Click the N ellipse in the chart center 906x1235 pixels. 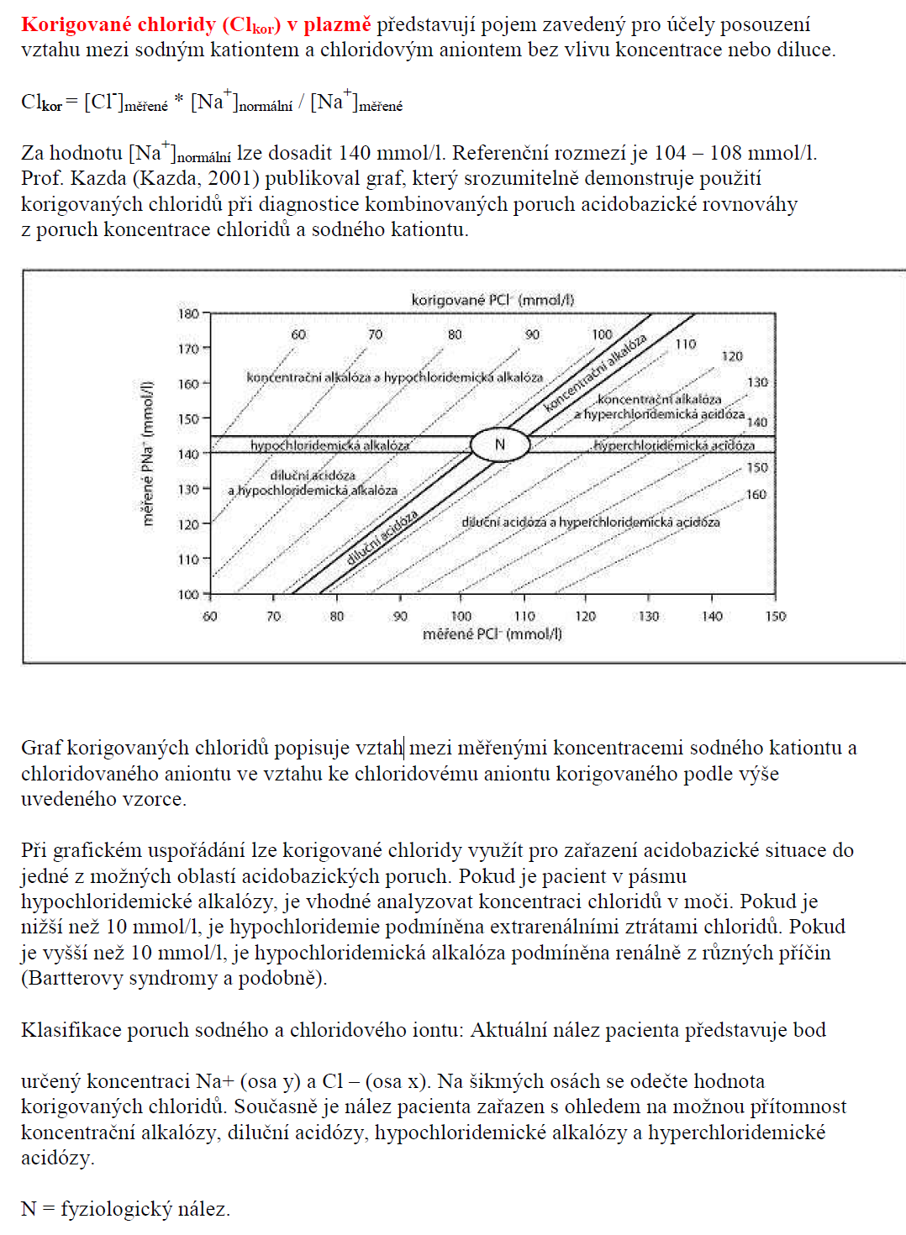click(x=500, y=444)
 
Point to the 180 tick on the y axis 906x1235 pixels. click(x=189, y=314)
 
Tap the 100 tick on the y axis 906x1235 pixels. click(x=189, y=595)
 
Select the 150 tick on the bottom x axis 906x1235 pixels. click(x=776, y=617)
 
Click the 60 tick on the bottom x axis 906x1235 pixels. click(x=210, y=617)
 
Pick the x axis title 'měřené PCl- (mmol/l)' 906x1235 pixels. click(x=493, y=634)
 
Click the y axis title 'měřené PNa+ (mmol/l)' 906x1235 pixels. click(x=149, y=454)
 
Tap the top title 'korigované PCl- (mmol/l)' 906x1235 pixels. click(x=493, y=300)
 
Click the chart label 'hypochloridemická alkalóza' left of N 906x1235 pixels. click(x=329, y=445)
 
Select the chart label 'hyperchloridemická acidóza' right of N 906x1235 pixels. click(x=673, y=445)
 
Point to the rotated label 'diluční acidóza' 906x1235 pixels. click(x=382, y=539)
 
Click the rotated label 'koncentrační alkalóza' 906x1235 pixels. click(x=595, y=372)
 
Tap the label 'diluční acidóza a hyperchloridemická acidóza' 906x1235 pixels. click(x=590, y=523)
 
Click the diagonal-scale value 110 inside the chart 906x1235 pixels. click(x=686, y=344)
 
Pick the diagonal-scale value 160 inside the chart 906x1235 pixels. click(x=756, y=495)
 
